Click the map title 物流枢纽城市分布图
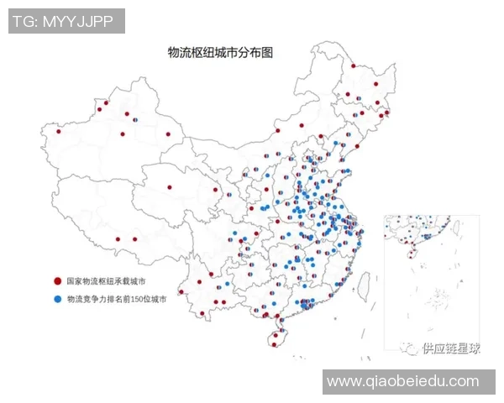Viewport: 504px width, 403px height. pos(222,51)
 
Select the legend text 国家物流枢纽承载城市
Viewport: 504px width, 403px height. pos(107,281)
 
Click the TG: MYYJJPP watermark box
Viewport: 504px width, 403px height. pos(67,21)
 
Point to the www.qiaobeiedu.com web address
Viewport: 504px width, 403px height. pos(402,381)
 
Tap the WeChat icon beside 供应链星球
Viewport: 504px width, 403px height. pos(409,348)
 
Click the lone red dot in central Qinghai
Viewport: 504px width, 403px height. pos(170,187)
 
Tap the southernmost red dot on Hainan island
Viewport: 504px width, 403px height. pos(276,340)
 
